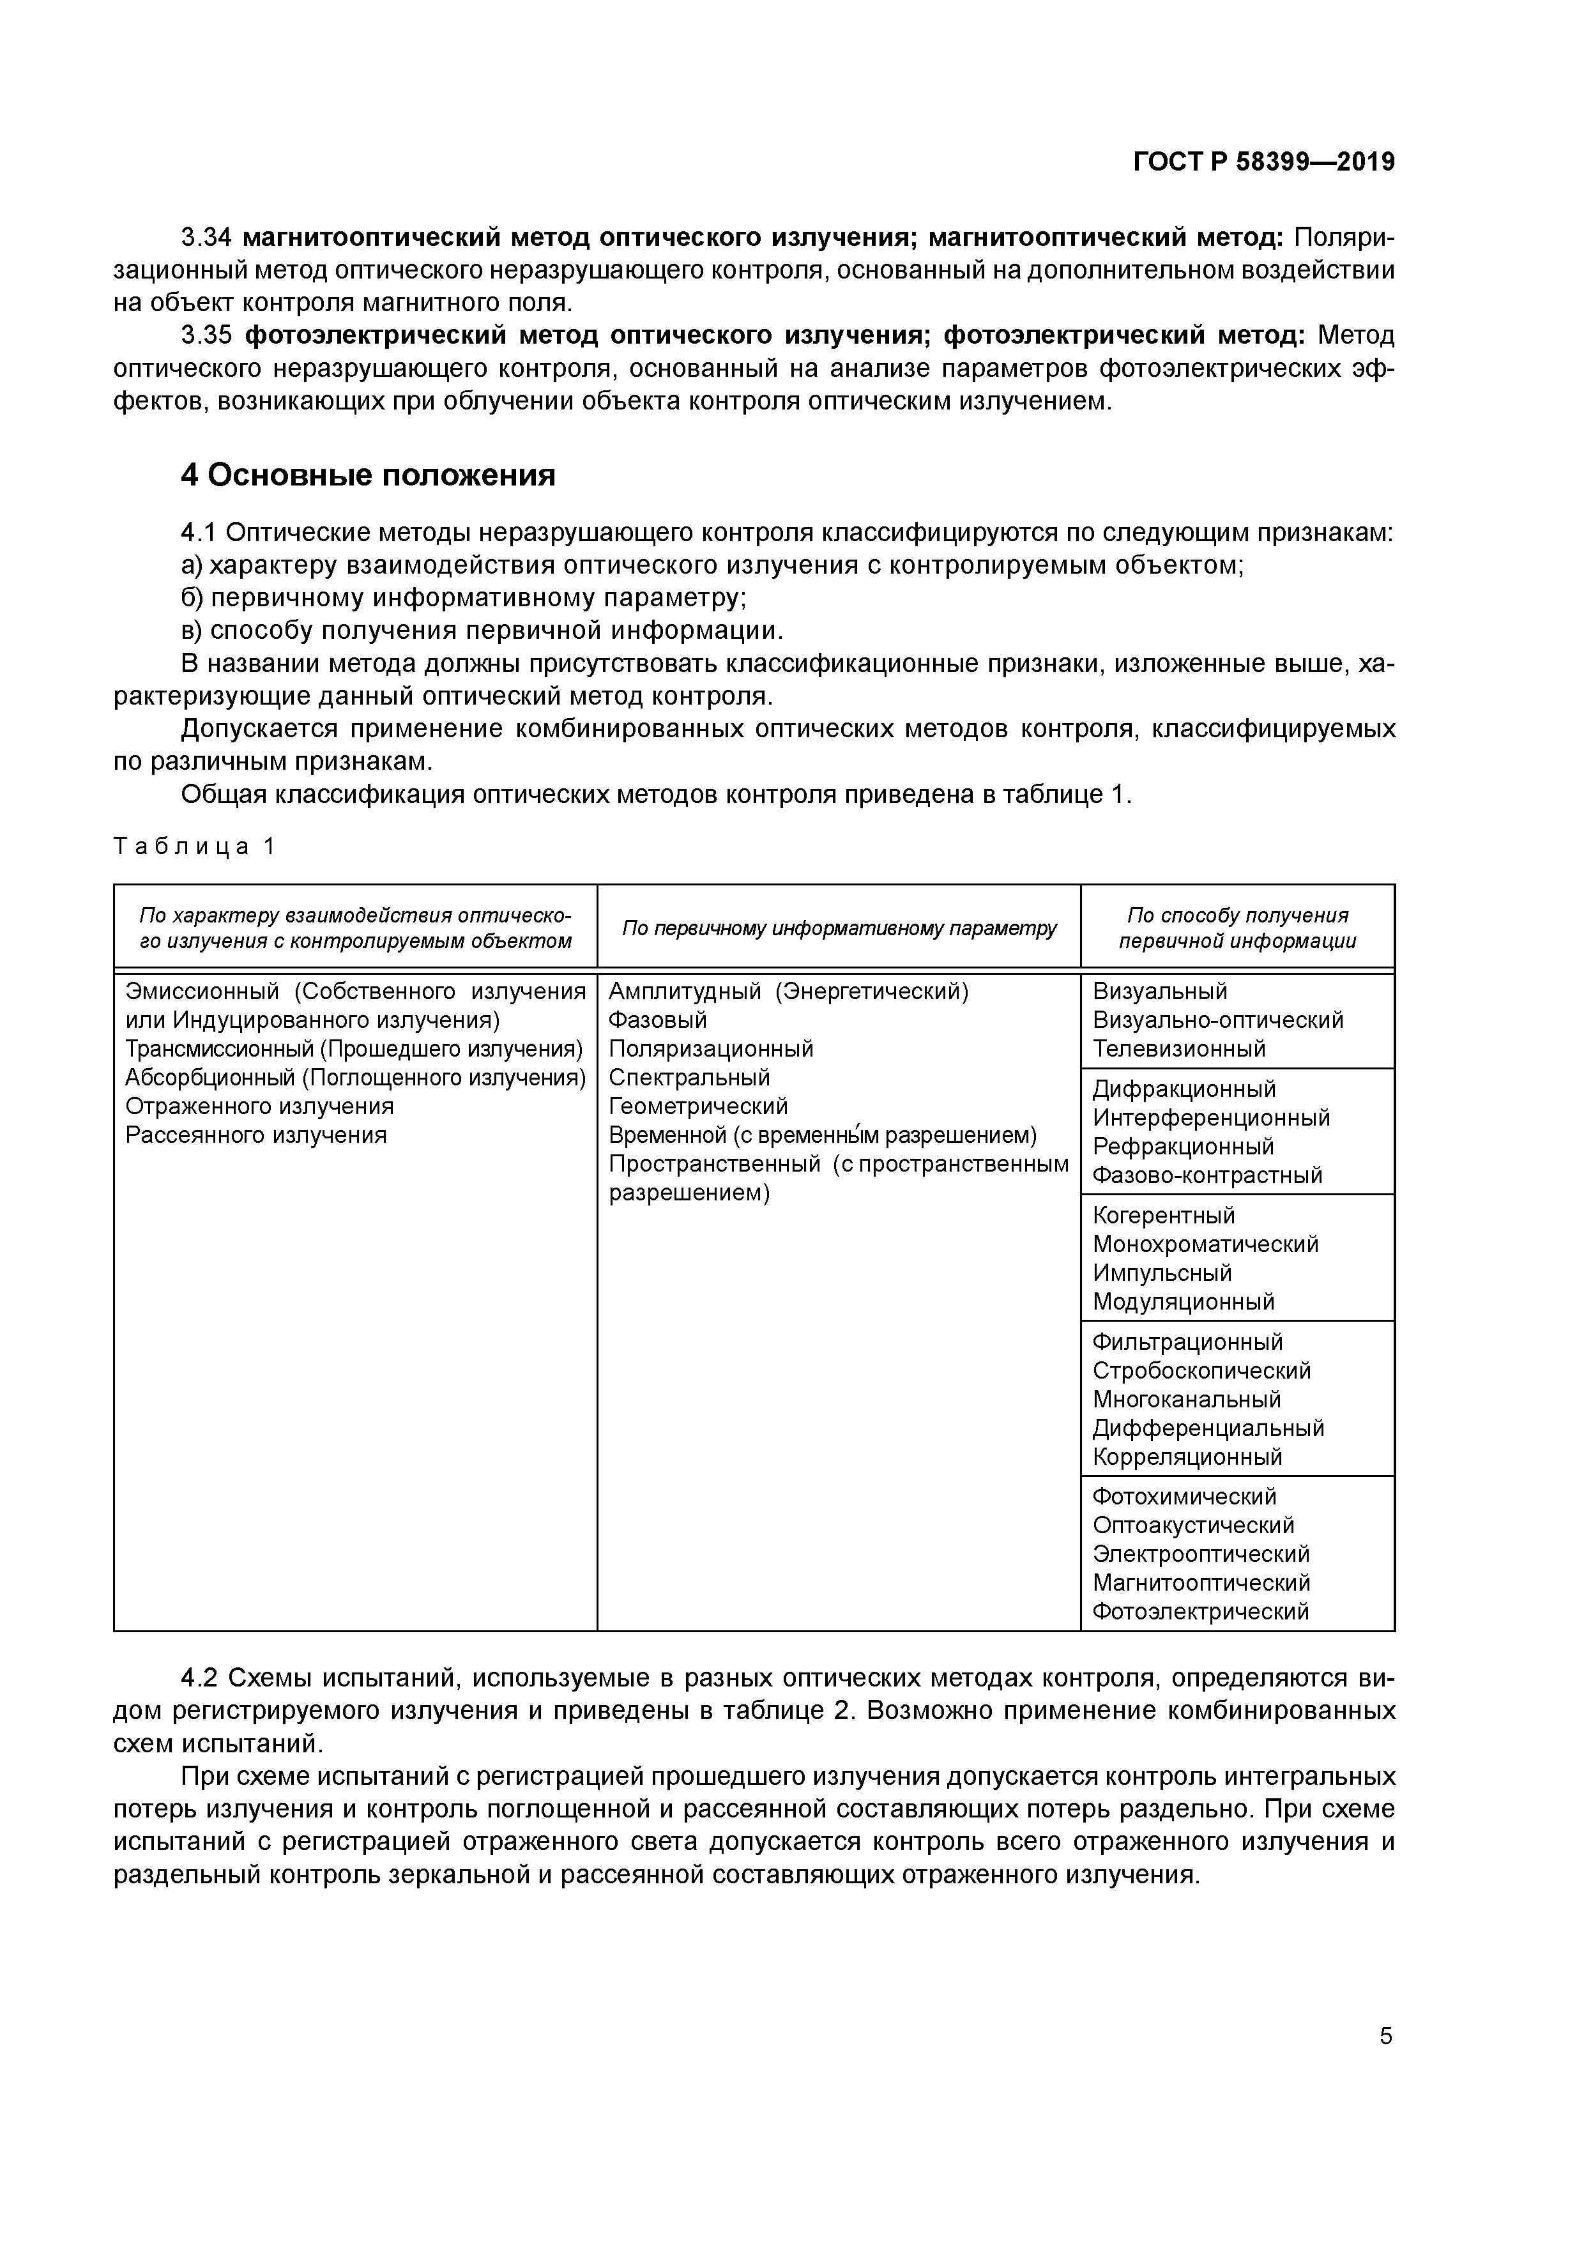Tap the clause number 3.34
(x=206, y=237)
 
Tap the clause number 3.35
(x=206, y=336)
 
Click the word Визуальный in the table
(x=1159, y=991)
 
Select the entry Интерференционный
(x=1210, y=1117)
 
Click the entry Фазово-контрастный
(x=1207, y=1175)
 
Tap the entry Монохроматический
(x=1205, y=1244)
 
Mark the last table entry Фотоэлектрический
(x=1199, y=1612)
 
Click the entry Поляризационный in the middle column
(x=710, y=1049)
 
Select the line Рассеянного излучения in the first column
(x=255, y=1135)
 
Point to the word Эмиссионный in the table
(x=202, y=991)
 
